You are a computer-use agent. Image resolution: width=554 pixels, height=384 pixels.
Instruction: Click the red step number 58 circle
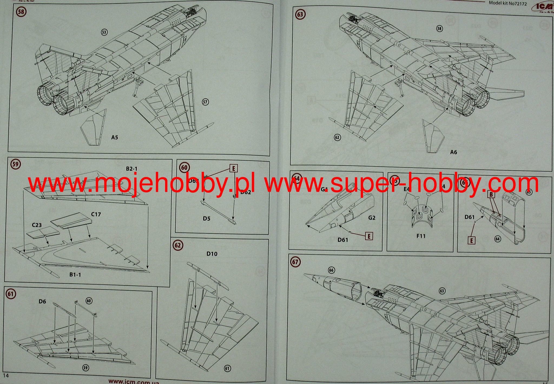(21, 12)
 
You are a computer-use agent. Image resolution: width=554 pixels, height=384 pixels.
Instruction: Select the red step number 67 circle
(295, 262)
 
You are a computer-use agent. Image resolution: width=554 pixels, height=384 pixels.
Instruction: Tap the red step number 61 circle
(11, 294)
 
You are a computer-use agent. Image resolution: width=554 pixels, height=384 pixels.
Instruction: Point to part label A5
(115, 137)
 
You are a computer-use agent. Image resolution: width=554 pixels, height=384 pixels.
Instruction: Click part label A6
(454, 152)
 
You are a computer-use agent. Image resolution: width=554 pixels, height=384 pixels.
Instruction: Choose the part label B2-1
(132, 169)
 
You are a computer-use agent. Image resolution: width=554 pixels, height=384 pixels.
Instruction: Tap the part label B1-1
(75, 275)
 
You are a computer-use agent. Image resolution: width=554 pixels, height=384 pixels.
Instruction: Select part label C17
(96, 214)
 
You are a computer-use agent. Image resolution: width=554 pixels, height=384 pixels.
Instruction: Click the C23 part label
(37, 225)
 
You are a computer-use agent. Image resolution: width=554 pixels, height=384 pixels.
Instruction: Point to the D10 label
(212, 254)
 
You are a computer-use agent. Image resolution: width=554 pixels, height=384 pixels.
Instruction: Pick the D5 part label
(206, 218)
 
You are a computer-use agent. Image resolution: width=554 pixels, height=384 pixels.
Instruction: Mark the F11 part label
(421, 236)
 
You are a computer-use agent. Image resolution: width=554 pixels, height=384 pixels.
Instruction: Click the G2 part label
(372, 218)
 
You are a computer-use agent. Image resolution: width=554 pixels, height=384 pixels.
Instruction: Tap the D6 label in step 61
(42, 301)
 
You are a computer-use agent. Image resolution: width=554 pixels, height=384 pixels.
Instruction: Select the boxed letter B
(491, 194)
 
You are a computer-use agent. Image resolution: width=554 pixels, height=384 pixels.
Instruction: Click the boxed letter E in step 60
(233, 169)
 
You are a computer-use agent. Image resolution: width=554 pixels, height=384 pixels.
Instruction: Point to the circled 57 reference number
(205, 102)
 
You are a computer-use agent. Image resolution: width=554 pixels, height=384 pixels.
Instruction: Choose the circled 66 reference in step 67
(331, 270)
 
